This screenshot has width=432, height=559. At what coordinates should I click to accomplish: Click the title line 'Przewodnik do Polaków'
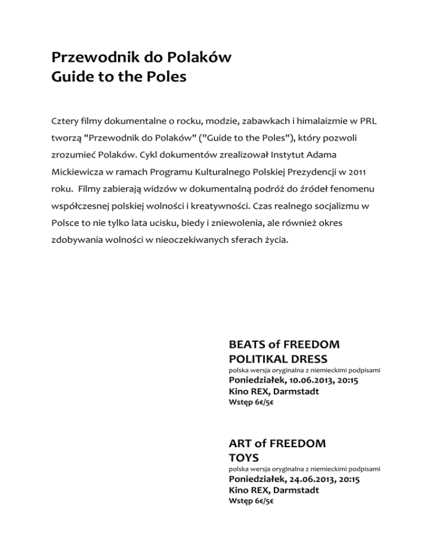[141, 57]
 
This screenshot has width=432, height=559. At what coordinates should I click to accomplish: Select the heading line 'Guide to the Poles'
[118, 76]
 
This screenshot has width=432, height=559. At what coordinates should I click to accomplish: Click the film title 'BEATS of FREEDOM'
[284, 344]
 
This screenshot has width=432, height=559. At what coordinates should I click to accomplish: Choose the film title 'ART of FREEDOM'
[277, 443]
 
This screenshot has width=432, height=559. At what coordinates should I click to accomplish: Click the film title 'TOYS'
[244, 457]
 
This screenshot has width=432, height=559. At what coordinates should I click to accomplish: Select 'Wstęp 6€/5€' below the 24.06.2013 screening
[251, 501]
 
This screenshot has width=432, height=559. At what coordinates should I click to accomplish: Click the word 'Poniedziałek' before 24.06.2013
[256, 480]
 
